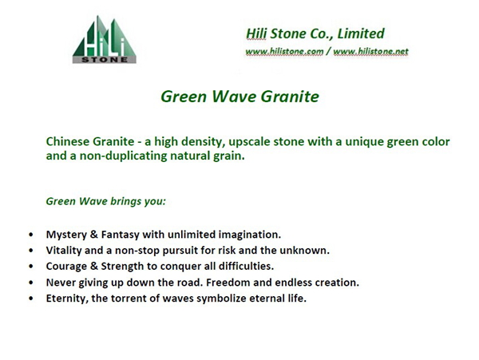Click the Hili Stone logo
coord(105,39)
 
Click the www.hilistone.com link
coord(284,51)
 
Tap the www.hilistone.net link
coord(370,51)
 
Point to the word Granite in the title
coord(291,96)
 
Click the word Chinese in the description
coord(68,141)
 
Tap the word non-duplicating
coord(124,156)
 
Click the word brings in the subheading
coord(126,201)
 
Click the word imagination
coord(250,235)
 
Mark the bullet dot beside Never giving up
coord(31,283)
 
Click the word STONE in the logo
coord(105,60)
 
